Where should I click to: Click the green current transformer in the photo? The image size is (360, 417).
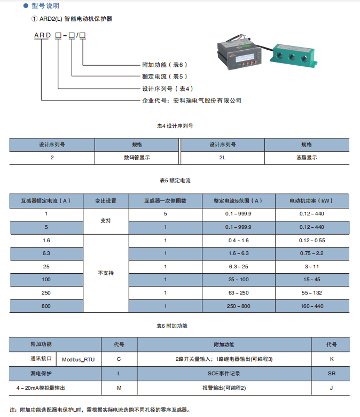pyautogui.click(x=294, y=55)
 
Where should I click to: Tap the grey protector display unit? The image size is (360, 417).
pyautogui.click(x=239, y=55)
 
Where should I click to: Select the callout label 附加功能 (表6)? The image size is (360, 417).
pyautogui.click(x=165, y=65)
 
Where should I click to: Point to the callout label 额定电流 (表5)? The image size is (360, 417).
pyautogui.click(x=165, y=76)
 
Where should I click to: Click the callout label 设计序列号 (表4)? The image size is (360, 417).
pyautogui.click(x=168, y=89)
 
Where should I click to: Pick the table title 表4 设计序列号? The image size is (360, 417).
pyautogui.click(x=175, y=126)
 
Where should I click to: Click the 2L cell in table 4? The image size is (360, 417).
pyautogui.click(x=222, y=158)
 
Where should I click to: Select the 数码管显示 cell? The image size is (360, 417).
pyautogui.click(x=137, y=158)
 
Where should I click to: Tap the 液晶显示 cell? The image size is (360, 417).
pyautogui.click(x=307, y=158)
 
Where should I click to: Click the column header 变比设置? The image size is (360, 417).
pyautogui.click(x=106, y=201)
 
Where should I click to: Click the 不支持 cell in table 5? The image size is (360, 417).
pyautogui.click(x=106, y=273)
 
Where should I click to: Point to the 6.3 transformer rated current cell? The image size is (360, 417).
pyautogui.click(x=46, y=253)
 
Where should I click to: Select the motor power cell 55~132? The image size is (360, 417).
pyautogui.click(x=311, y=293)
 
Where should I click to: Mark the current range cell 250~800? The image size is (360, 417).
pyautogui.click(x=239, y=306)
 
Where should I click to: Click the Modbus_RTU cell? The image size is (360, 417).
pyautogui.click(x=79, y=360)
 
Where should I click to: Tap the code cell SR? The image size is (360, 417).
pyautogui.click(x=332, y=374)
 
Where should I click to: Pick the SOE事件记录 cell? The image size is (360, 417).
pyautogui.click(x=224, y=374)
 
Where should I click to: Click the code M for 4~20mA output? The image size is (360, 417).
pyautogui.click(x=119, y=388)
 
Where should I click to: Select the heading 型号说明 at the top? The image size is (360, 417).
pyautogui.click(x=45, y=6)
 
